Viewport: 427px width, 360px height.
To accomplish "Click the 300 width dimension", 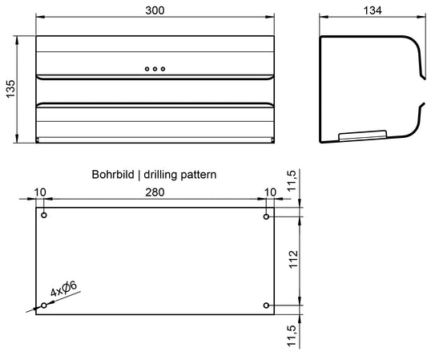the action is [155, 10].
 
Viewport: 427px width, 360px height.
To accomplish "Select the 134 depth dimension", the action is [373, 10].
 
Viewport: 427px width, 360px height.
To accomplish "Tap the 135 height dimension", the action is [10, 89].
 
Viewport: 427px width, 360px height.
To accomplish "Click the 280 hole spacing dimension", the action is [155, 192].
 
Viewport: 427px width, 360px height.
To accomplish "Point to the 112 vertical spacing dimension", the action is [293, 260].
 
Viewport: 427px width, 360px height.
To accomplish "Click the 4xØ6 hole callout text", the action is [64, 289].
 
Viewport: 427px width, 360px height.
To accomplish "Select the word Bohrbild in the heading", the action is [113, 175].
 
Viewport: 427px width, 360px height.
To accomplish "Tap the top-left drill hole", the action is [44, 216].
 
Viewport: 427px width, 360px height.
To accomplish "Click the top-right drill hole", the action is [266, 216].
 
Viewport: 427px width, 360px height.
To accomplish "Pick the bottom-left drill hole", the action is [44, 305].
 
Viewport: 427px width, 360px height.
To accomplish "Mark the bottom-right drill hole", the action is [266, 305].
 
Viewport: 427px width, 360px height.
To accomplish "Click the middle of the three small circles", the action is [155, 69].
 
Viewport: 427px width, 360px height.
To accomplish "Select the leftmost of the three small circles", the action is [147, 69].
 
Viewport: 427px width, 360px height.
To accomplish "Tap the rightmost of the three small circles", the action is [163, 69].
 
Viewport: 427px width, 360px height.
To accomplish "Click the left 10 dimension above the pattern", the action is [40, 192].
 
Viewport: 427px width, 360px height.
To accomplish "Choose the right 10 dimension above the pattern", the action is [270, 192].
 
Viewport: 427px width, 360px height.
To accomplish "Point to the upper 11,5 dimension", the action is [292, 180].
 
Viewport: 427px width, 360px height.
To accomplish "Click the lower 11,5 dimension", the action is [292, 336].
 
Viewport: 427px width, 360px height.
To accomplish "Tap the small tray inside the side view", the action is [363, 136].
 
